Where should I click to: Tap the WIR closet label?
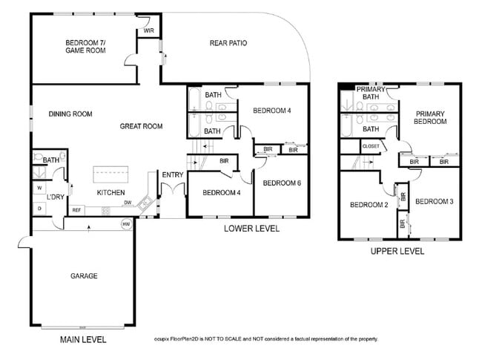click(x=149, y=30)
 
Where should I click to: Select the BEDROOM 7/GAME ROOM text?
click(x=85, y=47)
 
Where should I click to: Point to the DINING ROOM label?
click(x=70, y=114)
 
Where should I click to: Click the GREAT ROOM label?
click(x=141, y=126)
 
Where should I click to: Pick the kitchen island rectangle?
click(x=111, y=175)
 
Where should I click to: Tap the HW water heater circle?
click(x=126, y=223)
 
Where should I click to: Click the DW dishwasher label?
click(x=128, y=202)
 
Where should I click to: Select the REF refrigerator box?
click(x=76, y=210)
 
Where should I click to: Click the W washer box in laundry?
click(x=39, y=188)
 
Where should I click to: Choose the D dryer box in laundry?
click(x=39, y=209)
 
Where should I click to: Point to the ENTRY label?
click(x=172, y=174)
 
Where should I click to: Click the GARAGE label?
click(x=84, y=276)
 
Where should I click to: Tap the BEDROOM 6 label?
click(x=281, y=183)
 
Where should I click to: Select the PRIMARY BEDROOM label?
click(x=429, y=117)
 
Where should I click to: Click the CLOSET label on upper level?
click(x=371, y=146)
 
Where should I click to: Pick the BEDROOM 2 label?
click(x=369, y=205)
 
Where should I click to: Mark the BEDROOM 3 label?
click(x=433, y=201)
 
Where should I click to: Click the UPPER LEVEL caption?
click(x=397, y=251)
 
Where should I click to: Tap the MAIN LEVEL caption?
click(x=83, y=339)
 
